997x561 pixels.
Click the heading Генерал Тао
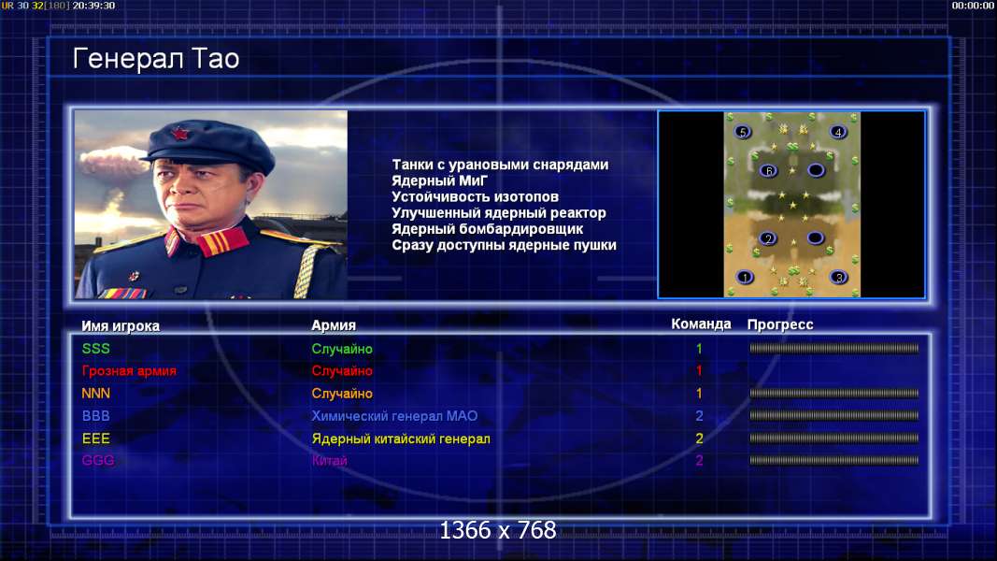tap(156, 59)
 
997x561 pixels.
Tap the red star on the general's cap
tap(179, 135)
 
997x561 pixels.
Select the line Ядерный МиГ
tap(439, 180)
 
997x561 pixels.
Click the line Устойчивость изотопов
tap(475, 196)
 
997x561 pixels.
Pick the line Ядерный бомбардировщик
tap(487, 229)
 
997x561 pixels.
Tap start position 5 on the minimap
tap(742, 132)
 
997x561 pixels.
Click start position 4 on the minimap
tap(838, 132)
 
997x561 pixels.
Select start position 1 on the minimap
tap(745, 277)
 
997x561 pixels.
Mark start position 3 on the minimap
tap(839, 277)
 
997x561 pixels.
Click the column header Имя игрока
tap(121, 325)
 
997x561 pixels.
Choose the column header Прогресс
tap(780, 324)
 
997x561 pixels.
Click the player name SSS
tap(96, 349)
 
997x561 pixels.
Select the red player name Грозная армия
tap(129, 371)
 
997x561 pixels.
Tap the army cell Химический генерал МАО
tap(394, 416)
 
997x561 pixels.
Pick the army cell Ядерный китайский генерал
tap(401, 439)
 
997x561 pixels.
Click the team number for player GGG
tap(699, 461)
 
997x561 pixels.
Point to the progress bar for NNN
tap(833, 393)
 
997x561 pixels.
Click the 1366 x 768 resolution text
tap(498, 530)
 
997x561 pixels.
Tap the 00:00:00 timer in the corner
tap(972, 6)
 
